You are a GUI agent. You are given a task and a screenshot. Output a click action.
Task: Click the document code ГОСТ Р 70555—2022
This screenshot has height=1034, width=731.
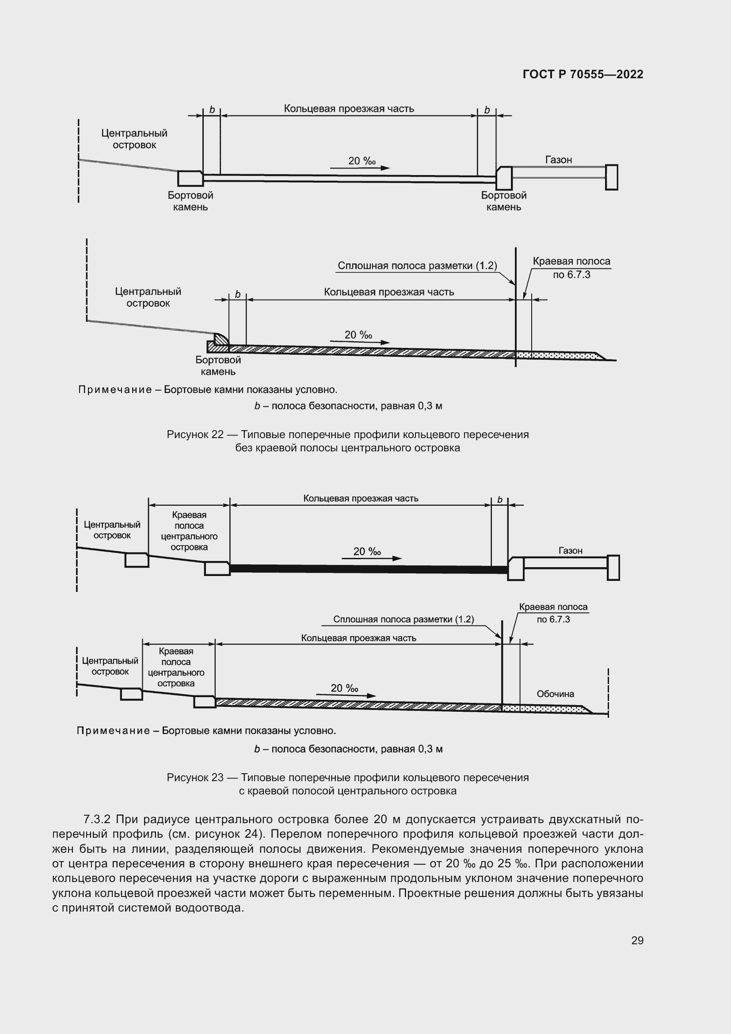(583, 74)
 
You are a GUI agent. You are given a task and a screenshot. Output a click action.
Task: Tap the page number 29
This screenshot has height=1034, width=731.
(637, 940)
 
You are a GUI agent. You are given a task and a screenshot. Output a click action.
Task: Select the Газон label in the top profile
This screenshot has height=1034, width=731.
(558, 160)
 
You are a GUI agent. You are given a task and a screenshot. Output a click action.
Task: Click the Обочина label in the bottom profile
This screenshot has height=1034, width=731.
(555, 694)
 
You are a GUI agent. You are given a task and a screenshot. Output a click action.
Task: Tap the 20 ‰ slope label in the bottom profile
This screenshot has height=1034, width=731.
(344, 688)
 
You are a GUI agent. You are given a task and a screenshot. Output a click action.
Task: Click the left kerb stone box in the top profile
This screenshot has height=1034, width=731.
(190, 178)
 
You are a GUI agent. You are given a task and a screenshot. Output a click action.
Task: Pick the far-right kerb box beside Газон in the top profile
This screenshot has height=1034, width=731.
(611, 177)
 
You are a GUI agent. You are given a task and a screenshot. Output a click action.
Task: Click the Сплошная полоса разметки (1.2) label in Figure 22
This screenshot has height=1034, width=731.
(417, 266)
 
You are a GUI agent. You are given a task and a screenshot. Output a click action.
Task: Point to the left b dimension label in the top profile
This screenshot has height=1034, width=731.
(212, 110)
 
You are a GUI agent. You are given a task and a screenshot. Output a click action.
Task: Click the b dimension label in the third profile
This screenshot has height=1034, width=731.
(500, 500)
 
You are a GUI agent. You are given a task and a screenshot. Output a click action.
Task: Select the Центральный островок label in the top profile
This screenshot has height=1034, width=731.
(134, 139)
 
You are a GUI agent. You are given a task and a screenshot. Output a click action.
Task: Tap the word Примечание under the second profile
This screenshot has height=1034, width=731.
(115, 389)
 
